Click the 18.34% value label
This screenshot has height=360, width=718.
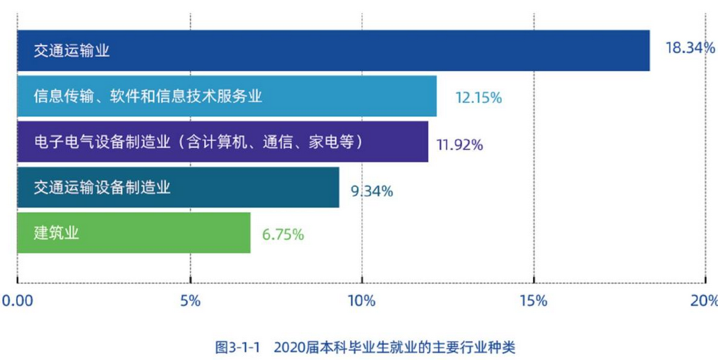pos(690,48)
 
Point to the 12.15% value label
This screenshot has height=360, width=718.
pos(478,97)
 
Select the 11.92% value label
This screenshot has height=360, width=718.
pos(459,144)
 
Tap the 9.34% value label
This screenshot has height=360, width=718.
pos(371,191)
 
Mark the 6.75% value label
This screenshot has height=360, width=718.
pos(282,234)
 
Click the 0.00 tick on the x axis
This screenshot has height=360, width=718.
pos(18,301)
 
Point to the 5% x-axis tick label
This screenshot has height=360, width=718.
pos(190,301)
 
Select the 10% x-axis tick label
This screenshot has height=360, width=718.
pos(362,301)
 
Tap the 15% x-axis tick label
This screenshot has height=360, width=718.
pos(534,301)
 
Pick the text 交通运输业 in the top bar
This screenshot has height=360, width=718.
pos(72,51)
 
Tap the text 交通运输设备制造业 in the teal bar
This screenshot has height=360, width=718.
pos(102,188)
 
